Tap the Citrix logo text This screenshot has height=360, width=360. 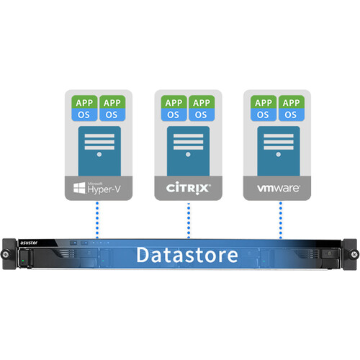point(188,189)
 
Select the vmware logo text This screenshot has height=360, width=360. point(278,189)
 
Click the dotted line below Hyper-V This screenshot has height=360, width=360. point(98,220)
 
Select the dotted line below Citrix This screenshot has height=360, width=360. point(188,220)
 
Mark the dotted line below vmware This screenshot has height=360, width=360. point(278,220)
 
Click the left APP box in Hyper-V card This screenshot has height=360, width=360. point(84,102)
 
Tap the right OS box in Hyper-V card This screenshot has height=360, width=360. point(112,114)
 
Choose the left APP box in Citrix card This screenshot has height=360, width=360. point(174,102)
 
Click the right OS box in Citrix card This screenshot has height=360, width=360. point(202,114)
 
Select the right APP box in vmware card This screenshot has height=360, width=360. point(292,102)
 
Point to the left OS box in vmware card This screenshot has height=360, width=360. point(264,114)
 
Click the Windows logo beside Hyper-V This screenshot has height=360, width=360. point(78,189)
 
